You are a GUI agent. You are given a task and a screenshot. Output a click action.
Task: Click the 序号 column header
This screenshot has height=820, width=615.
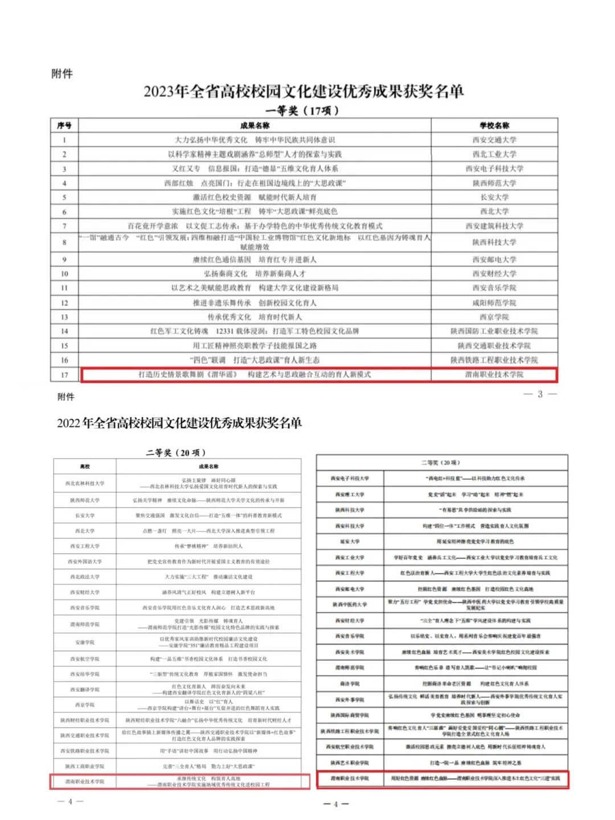coord(64,126)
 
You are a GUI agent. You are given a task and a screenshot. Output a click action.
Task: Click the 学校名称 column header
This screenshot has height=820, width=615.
coord(494,126)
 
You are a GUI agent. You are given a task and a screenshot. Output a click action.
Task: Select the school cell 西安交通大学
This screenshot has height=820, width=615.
coord(494,140)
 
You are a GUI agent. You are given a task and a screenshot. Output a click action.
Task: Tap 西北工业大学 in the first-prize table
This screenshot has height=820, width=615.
coord(494,154)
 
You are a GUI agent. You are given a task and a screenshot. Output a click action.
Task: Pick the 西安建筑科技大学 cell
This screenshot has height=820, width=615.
coord(494,226)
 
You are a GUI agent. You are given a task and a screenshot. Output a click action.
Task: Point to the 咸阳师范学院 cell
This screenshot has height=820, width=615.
coord(494,303)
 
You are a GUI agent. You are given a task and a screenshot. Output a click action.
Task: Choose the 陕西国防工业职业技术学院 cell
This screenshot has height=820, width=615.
coord(494,331)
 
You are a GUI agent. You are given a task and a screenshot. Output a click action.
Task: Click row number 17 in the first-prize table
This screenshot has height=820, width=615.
coord(64,374)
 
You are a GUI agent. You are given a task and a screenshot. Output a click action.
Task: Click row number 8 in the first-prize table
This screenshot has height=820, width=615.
coord(64,242)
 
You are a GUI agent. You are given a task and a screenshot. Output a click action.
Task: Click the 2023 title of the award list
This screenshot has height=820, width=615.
coord(304,92)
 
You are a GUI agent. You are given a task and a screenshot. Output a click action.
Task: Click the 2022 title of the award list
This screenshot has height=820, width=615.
coord(179,423)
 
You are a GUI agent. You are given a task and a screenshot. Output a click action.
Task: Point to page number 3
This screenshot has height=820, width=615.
coord(540,394)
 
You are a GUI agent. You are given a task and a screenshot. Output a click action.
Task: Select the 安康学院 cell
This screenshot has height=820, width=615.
coord(85,642)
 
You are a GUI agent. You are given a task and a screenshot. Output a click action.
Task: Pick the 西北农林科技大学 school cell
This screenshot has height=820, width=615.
coord(85,484)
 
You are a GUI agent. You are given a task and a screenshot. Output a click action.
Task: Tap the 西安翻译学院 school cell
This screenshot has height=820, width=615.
coord(85,690)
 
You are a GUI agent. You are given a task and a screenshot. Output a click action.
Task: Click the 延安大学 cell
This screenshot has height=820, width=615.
coord(350,542)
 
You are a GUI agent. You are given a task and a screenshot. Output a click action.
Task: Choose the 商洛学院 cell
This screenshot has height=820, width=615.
coord(350,683)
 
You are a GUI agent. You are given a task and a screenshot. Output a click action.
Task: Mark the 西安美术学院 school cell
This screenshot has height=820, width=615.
coord(350,652)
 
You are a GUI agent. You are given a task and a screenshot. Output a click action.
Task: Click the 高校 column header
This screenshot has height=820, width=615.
coord(85,467)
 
